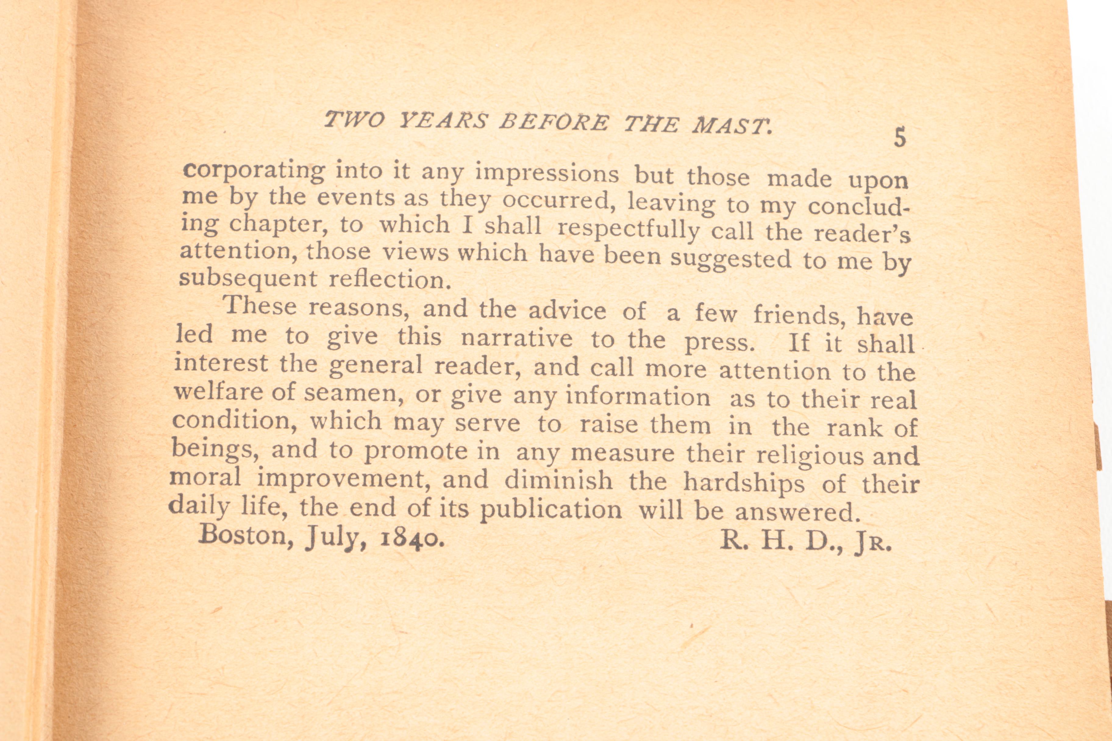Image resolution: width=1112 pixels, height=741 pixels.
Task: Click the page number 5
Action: (900, 137)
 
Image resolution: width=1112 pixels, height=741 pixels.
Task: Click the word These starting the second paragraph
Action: (261, 306)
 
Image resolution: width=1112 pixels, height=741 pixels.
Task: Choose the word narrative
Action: (516, 339)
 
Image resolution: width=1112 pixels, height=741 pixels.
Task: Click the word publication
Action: (551, 510)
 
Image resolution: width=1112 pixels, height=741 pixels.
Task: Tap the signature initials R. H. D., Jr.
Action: (805, 543)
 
